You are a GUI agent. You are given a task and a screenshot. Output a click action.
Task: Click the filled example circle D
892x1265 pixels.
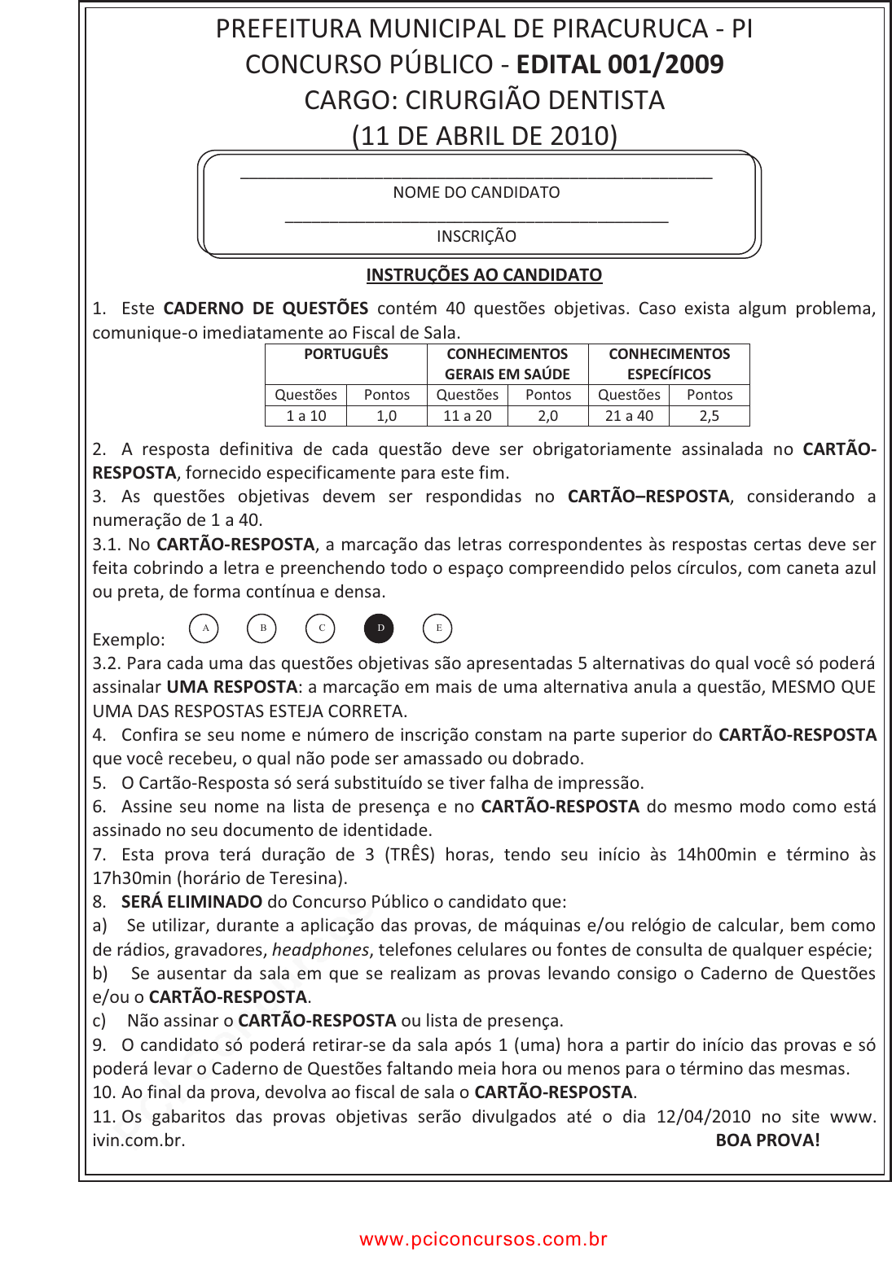tap(380, 628)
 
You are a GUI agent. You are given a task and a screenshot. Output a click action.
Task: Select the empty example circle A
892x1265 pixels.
tap(205, 628)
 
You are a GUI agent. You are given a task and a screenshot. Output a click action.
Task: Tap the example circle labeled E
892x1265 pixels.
tap(438, 628)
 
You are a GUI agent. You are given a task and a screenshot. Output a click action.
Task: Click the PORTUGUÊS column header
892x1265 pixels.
tap(346, 354)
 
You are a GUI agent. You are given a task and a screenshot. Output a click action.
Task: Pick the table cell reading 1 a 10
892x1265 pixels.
tap(306, 416)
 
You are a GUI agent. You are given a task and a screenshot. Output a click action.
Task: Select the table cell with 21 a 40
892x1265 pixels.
tap(629, 416)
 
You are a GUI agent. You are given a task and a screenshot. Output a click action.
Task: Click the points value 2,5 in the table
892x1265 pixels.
tap(710, 416)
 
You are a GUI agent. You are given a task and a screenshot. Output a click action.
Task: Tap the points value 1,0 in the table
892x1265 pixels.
tap(387, 416)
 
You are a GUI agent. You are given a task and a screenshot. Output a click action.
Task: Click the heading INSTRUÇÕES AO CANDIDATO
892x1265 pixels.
tap(484, 275)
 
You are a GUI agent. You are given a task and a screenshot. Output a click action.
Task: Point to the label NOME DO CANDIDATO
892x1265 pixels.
tap(477, 193)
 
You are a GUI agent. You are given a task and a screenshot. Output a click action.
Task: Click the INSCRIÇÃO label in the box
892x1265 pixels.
tap(477, 237)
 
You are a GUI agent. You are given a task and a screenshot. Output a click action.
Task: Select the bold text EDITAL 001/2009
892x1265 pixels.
tap(620, 64)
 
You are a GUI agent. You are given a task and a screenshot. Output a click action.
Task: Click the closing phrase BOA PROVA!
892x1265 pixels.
tap(767, 1140)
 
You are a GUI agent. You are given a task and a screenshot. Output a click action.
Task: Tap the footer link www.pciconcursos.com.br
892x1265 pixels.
tap(484, 1239)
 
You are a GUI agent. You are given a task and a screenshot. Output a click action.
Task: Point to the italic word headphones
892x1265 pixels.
tap(320, 950)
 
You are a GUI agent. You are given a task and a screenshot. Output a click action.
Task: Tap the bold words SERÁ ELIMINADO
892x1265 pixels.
tap(191, 902)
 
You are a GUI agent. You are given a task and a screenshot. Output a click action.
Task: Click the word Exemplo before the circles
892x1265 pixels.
tap(129, 640)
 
